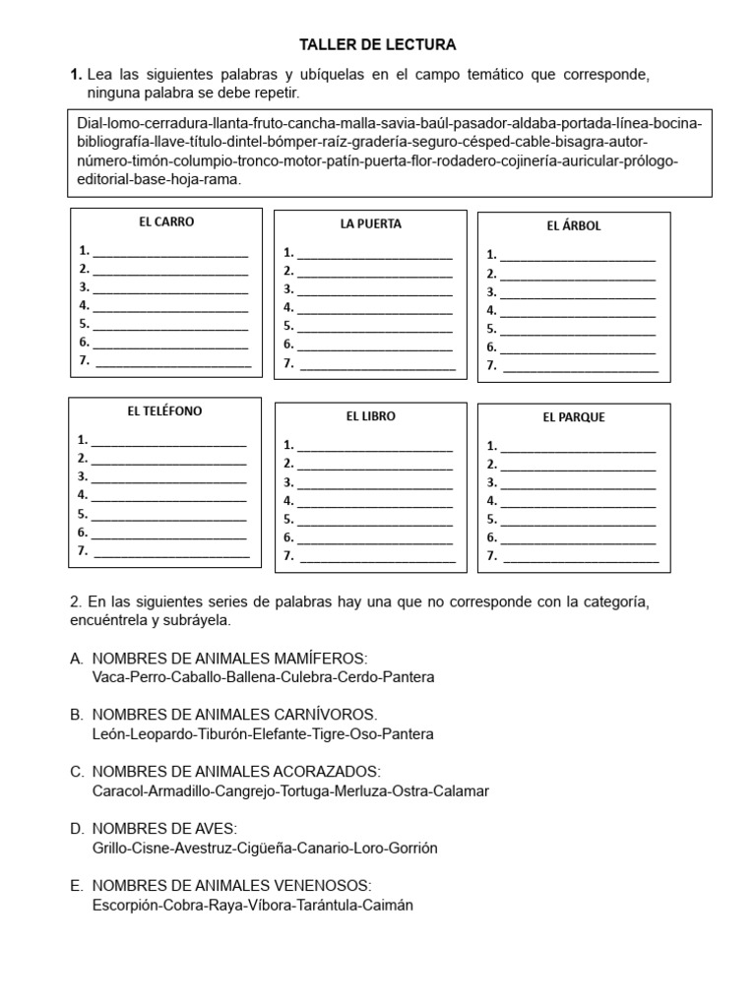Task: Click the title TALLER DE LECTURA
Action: point(378,45)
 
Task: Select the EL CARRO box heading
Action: point(166,222)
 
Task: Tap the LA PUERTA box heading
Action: point(371,224)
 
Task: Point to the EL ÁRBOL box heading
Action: point(574,226)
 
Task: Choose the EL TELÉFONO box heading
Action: point(164,411)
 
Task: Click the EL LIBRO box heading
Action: point(371,416)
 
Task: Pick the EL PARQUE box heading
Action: point(574,417)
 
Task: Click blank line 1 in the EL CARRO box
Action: point(169,252)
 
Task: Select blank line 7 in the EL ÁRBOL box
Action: point(580,367)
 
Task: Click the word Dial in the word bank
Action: point(91,123)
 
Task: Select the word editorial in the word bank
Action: point(108,180)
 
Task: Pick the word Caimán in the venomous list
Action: point(387,905)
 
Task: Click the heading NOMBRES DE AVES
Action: point(164,829)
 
